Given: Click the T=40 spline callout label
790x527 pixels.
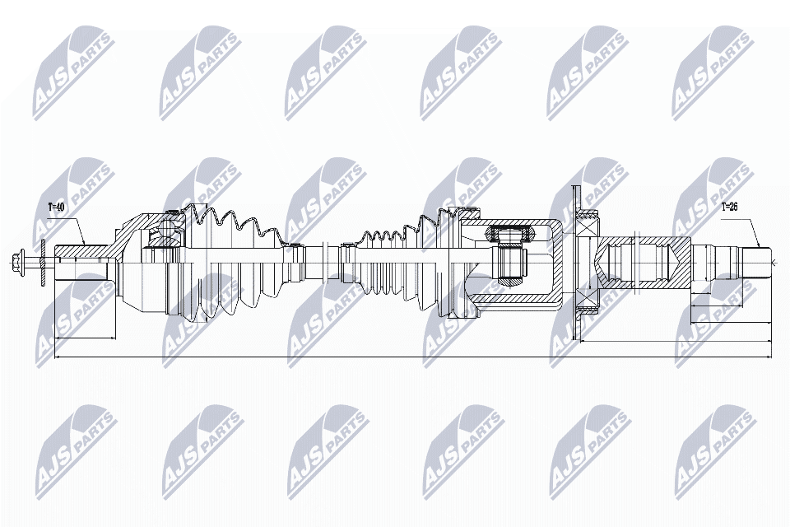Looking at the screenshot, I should (56, 207).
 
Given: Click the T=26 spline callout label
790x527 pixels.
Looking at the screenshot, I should (729, 207).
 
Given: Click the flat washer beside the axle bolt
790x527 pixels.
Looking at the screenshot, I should (42, 263).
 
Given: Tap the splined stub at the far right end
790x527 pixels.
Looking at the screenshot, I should (759, 262).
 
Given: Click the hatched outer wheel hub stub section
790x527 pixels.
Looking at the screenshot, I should (82, 250).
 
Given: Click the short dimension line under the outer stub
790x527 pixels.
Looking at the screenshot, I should (84, 338).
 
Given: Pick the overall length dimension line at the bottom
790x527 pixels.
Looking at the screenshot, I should (411, 357).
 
